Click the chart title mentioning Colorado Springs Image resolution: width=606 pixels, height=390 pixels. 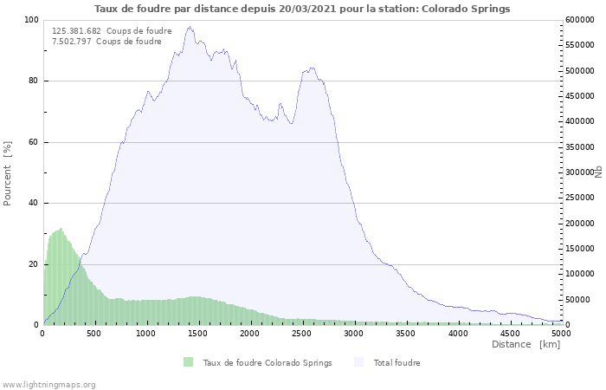click(302, 9)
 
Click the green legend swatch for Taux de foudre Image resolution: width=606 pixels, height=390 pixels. click(189, 362)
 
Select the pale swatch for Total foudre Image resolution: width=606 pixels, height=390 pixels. click(360, 362)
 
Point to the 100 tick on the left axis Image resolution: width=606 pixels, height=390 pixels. click(31, 20)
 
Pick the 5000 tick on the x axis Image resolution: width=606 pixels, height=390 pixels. click(561, 333)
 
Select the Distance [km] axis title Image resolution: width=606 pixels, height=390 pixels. click(525, 344)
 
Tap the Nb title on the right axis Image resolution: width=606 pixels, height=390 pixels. click(597, 172)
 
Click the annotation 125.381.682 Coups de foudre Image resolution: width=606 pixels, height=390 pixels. click(112, 31)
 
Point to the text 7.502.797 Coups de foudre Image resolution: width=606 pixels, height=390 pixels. click(106, 42)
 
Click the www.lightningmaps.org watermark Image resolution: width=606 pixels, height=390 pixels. click(49, 384)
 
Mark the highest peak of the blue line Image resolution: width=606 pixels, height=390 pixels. click(190, 27)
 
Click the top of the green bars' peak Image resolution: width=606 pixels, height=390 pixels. click(61, 229)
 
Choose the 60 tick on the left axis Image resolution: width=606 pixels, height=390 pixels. click(34, 142)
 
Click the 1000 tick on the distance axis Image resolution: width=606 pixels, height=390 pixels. click(146, 333)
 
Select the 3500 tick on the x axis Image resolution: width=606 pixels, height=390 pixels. click(406, 333)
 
